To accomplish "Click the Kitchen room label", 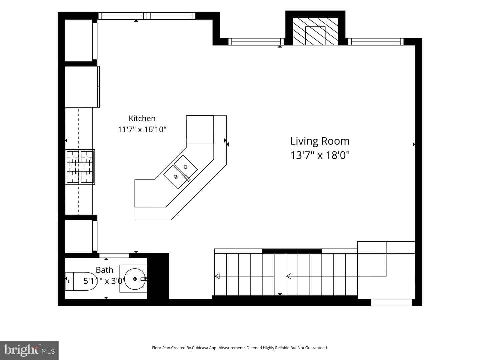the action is [x=142, y=118].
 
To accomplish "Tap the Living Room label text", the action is [x=320, y=141].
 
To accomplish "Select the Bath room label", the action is [x=104, y=270].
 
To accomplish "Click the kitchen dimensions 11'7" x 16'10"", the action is [x=142, y=129].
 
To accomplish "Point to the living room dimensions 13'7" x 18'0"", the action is [x=320, y=155].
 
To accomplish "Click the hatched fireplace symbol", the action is [x=315, y=31].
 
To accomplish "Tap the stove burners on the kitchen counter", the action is [x=80, y=167].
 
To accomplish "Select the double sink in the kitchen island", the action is [x=181, y=172].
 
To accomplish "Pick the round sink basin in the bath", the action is [x=135, y=279].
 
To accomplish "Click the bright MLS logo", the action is [x=29, y=350].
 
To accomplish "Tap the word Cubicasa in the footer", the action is [x=200, y=348].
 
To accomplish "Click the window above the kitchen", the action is [x=147, y=16].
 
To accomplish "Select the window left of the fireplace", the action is [x=256, y=42].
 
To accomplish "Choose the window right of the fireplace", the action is [x=376, y=42].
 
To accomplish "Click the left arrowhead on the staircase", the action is [x=217, y=276].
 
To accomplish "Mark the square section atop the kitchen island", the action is [x=200, y=129].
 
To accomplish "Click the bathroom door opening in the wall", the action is [x=114, y=255].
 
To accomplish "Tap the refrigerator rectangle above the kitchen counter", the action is [x=82, y=87].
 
